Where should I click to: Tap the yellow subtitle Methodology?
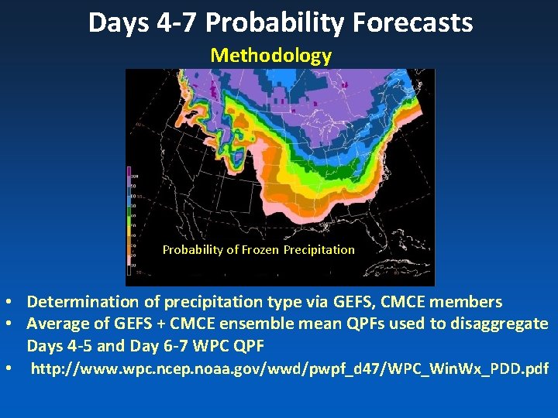[270, 56]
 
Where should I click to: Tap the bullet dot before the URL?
[7, 369]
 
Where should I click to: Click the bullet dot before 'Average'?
[7, 324]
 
